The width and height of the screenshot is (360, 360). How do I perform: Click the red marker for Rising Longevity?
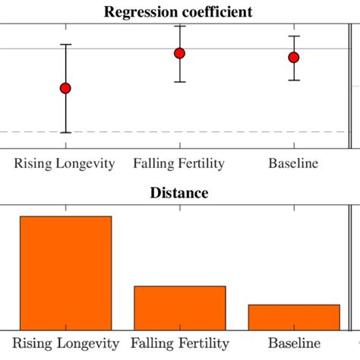tap(65, 88)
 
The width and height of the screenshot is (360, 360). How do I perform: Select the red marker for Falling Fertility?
tap(179, 53)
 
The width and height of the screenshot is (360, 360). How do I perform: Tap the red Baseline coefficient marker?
tap(293, 57)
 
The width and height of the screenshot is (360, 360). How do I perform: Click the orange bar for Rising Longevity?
tap(65, 272)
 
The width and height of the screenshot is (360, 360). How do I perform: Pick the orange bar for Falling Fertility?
tap(179, 307)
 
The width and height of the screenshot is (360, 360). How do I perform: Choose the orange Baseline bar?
tap(293, 317)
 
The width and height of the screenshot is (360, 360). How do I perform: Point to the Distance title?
tap(180, 193)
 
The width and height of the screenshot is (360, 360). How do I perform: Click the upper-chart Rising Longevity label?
tap(65, 163)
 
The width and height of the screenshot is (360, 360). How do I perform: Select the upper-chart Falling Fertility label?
tap(179, 163)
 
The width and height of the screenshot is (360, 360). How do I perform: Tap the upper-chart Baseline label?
tap(293, 163)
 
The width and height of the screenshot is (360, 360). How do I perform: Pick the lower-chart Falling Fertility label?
tap(179, 344)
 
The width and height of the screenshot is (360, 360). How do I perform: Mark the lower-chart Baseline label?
tap(293, 344)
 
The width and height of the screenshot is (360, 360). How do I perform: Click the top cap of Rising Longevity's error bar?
tap(65, 45)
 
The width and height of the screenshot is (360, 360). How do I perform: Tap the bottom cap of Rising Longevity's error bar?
tap(65, 133)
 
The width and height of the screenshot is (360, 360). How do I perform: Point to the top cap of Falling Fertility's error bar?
tap(179, 27)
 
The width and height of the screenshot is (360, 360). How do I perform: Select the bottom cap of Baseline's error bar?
tap(293, 80)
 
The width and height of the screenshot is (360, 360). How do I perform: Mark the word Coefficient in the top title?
tap(217, 11)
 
